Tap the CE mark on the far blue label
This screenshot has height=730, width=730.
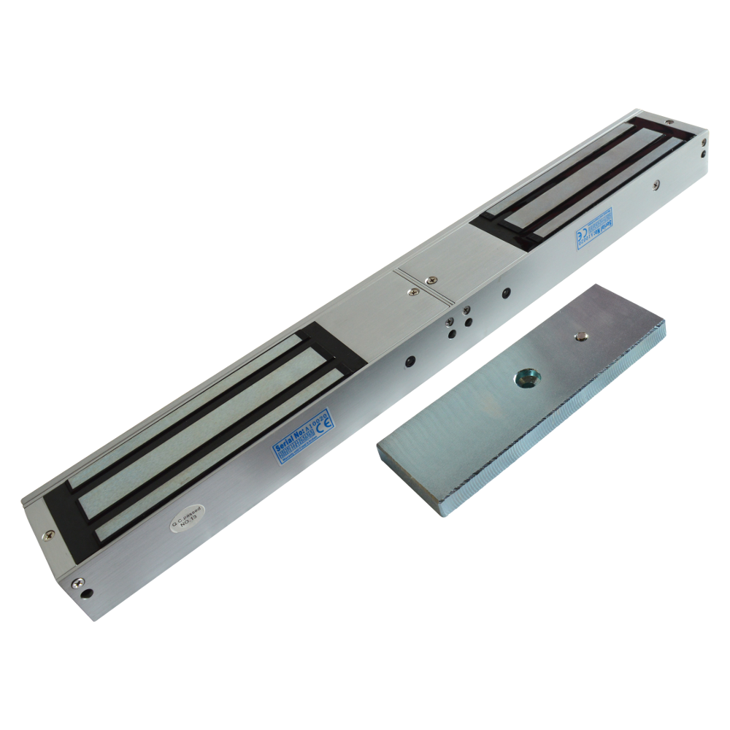578,237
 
